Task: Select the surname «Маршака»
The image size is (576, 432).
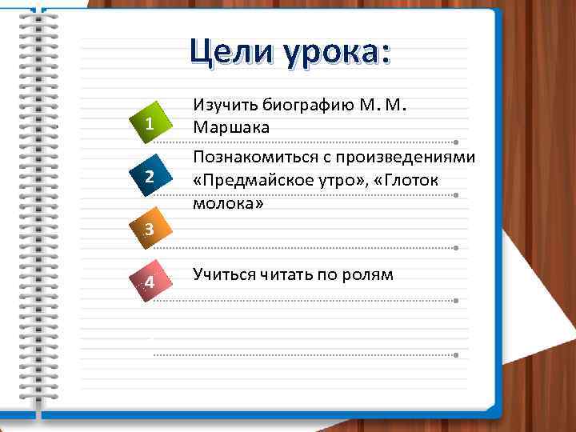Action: click(231, 128)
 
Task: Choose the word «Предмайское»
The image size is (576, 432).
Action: click(253, 182)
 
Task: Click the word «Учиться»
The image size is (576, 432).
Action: click(220, 274)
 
